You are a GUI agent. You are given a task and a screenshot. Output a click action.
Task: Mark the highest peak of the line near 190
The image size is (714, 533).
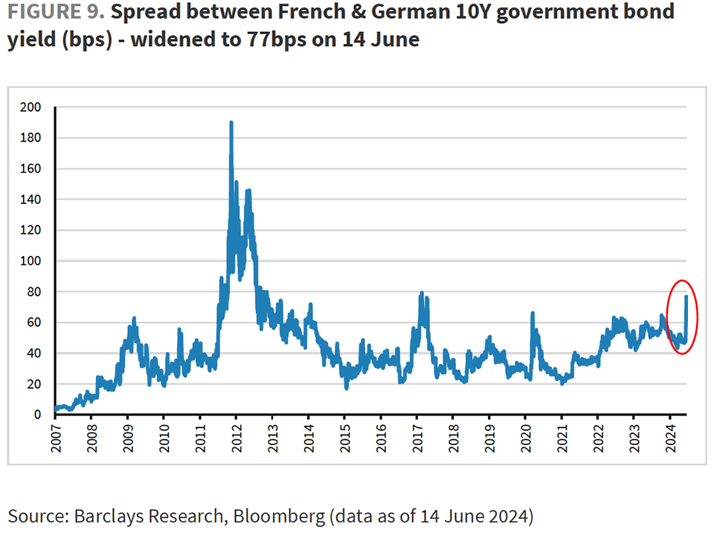(231, 123)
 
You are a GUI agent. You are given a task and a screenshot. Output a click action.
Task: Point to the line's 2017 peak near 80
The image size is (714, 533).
(422, 293)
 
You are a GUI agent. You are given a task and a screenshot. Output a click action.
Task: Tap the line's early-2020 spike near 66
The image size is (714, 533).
(533, 313)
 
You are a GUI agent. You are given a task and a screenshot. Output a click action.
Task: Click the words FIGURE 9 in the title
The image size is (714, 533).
(55, 13)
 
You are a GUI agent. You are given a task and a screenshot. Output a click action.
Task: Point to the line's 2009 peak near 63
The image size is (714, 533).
(134, 319)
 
